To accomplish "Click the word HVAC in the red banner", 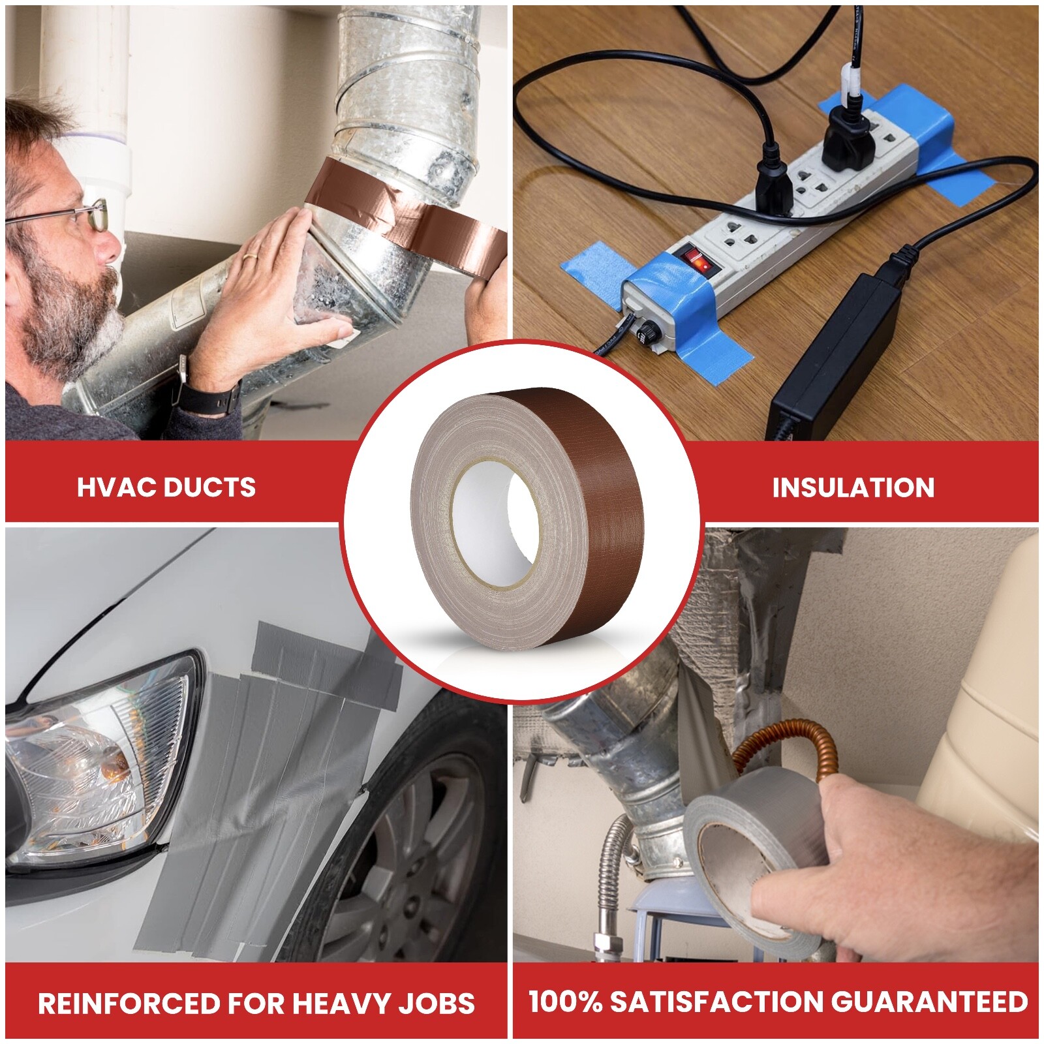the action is coord(115,487).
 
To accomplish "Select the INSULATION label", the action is coord(853,488).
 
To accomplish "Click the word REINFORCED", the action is coord(128,1003).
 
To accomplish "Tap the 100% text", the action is coord(565,1002).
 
